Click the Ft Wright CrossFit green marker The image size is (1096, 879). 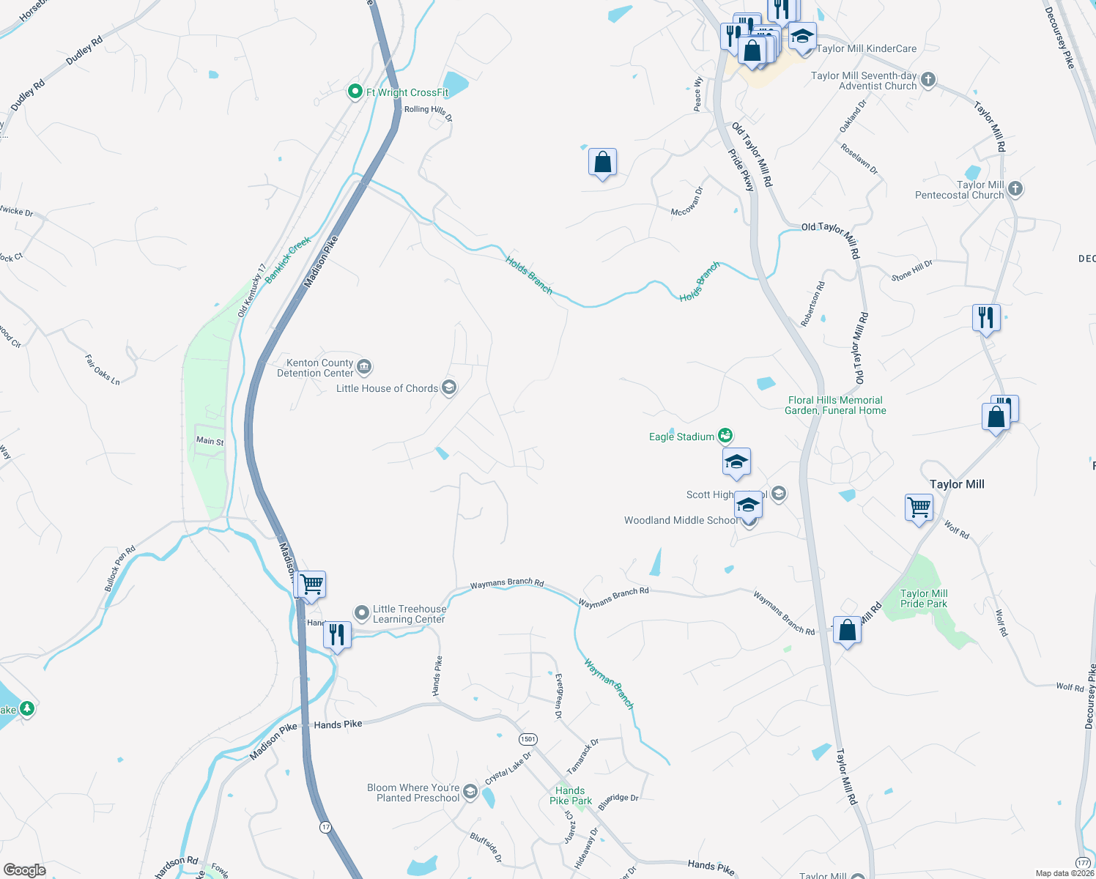click(355, 92)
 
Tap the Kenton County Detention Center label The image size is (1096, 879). click(315, 368)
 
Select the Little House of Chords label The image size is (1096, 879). click(387, 389)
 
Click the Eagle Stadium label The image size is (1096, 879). click(681, 437)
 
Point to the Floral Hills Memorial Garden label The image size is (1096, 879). click(837, 405)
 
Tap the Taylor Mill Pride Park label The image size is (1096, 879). click(924, 598)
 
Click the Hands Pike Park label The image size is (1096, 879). click(571, 795)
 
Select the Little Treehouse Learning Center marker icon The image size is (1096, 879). click(362, 612)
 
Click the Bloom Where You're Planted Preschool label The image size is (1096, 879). click(413, 793)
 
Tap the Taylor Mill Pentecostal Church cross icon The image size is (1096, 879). click(1015, 189)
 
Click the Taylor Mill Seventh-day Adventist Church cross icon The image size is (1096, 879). click(928, 79)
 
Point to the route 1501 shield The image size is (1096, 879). click(528, 739)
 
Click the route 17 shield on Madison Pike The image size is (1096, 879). click(325, 827)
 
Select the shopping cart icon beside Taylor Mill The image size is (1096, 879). click(919, 506)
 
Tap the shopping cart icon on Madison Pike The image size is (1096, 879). click(312, 584)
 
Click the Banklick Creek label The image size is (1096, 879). click(288, 259)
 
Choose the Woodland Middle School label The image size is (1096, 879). click(681, 520)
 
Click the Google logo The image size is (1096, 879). click(24, 870)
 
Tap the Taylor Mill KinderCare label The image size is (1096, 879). click(866, 49)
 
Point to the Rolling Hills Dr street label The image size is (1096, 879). click(429, 112)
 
